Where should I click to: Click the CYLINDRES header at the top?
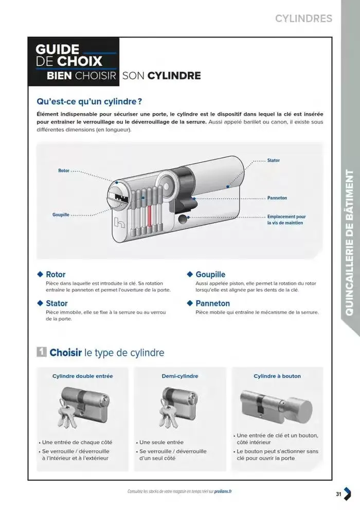(x=303, y=19)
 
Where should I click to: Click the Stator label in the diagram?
(x=274, y=160)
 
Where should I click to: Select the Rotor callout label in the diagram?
(x=64, y=170)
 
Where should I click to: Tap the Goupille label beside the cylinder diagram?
(x=61, y=214)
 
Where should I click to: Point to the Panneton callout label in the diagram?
(x=277, y=198)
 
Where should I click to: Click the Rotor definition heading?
(x=56, y=275)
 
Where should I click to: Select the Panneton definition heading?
(x=212, y=303)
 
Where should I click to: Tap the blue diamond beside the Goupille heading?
(x=190, y=275)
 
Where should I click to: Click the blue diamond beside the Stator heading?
(x=40, y=303)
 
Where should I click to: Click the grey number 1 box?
(x=42, y=352)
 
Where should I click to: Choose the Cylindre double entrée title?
(x=83, y=376)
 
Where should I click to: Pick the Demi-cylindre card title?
(x=180, y=376)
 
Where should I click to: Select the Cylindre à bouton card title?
(x=277, y=376)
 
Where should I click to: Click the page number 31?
(x=338, y=494)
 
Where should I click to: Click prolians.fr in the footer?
(x=222, y=491)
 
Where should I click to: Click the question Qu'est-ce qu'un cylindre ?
(x=89, y=101)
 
